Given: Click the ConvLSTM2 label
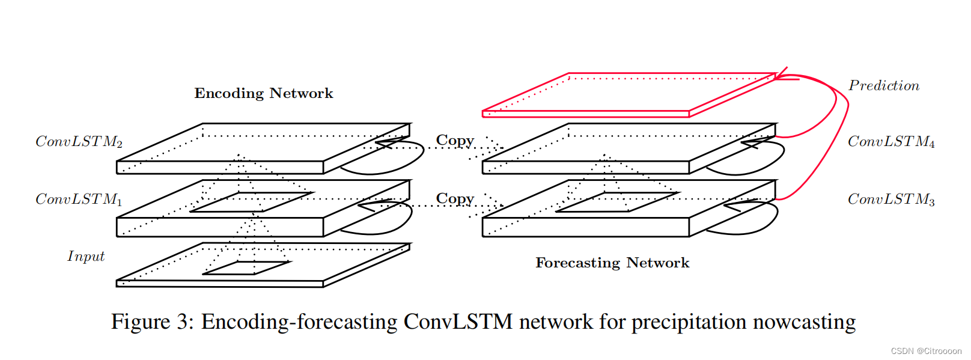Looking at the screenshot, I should coord(79,142).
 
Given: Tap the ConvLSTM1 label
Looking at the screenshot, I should coord(79,199).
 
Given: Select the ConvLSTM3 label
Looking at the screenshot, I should coord(890,199).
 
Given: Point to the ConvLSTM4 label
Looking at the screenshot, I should coord(890,142).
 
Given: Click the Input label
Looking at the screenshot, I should coord(86,257).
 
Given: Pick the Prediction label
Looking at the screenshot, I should coord(883,86).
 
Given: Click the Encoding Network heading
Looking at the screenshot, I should coord(263,93).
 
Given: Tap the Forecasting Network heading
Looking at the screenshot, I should coord(612,263).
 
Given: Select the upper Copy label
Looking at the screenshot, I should coord(455,141).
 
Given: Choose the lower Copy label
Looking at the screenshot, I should coord(455,198).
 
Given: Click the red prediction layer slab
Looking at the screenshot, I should coord(628,94).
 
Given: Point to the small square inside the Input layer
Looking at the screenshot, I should coord(246,268).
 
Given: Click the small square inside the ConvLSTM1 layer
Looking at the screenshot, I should coord(251,202).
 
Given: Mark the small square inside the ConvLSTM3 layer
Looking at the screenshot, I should coord(616,202).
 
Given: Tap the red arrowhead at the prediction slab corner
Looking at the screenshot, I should coord(781,75).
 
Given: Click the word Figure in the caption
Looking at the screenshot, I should coord(141,322).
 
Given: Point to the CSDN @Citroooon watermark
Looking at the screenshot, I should coord(925,351).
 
